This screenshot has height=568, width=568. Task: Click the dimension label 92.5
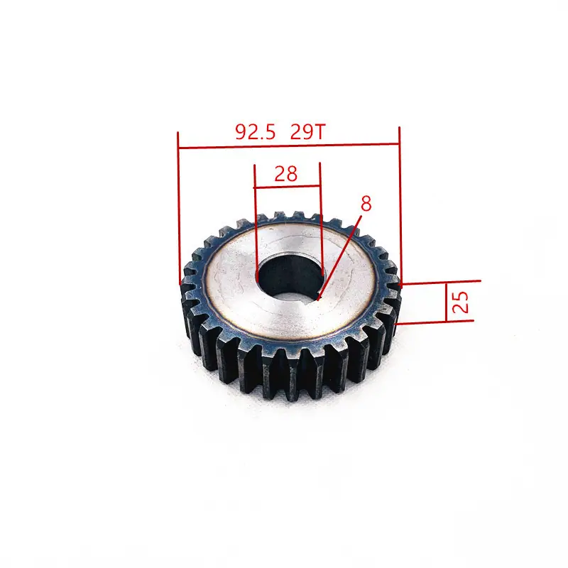pyautogui.click(x=256, y=132)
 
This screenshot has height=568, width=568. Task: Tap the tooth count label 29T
pyautogui.click(x=308, y=132)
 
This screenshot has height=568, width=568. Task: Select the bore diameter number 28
pyautogui.click(x=286, y=174)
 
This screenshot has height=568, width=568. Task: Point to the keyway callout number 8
pyautogui.click(x=366, y=204)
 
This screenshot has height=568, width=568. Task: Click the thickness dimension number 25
pyautogui.click(x=460, y=301)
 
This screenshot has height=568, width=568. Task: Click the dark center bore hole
pyautogui.click(x=290, y=276)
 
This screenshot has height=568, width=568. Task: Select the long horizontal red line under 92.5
pyautogui.click(x=289, y=146)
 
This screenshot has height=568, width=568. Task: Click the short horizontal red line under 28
pyautogui.click(x=288, y=187)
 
